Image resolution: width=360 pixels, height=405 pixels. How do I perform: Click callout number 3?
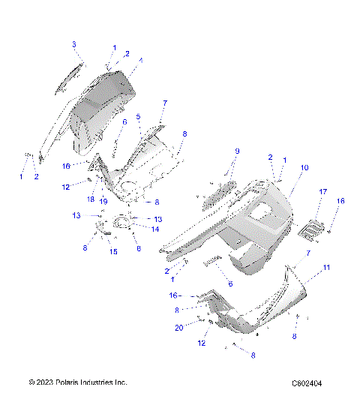[x=74, y=45]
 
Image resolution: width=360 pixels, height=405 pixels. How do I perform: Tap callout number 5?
[x=139, y=116]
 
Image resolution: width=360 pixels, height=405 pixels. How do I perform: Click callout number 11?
[x=326, y=267]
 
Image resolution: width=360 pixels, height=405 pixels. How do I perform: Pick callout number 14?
[x=155, y=229]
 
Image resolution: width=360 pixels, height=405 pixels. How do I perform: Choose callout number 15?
[x=113, y=252]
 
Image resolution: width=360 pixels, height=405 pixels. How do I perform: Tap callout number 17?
[x=323, y=193]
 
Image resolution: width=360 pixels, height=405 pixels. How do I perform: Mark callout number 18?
[x=90, y=199]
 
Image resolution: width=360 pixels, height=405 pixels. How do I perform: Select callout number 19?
[x=104, y=202]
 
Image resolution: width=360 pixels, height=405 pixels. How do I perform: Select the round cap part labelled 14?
[x=121, y=223]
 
